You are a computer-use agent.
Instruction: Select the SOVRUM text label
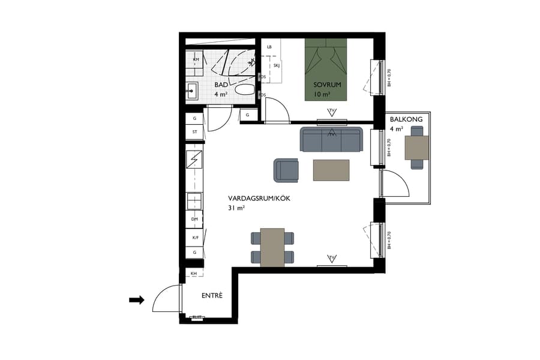[x=327, y=85]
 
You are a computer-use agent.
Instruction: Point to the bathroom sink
[x=194, y=92]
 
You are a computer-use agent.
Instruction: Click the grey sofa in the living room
[x=331, y=140]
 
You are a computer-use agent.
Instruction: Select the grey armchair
[x=287, y=170]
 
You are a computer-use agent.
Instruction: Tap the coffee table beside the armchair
[x=331, y=170]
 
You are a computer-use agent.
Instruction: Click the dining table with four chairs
[x=273, y=247]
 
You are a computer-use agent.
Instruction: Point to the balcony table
[x=416, y=148]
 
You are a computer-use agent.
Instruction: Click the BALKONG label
[x=406, y=119]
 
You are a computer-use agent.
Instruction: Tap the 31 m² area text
[x=236, y=208]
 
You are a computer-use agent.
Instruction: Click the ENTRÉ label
[x=212, y=295]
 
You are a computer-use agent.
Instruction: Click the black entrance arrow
[x=137, y=300]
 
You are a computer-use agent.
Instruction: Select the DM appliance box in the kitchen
[x=194, y=220]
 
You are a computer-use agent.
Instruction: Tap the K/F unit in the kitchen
[x=194, y=238]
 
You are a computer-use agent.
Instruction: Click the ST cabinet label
[x=194, y=132]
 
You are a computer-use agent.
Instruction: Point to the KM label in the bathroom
[x=196, y=59]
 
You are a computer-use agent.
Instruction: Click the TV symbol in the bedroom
[x=331, y=112]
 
